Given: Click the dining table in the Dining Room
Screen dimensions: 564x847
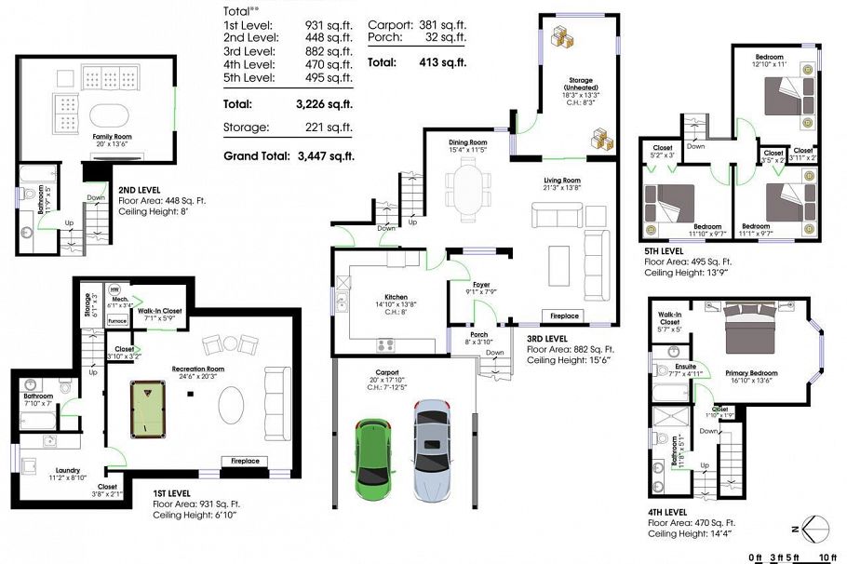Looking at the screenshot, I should (466, 188).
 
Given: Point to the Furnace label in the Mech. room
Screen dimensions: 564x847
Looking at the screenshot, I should (117, 320).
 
